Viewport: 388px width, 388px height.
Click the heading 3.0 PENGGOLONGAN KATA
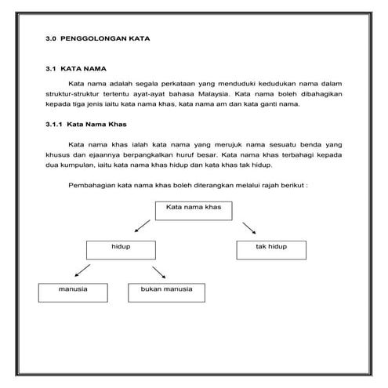[x=98, y=38]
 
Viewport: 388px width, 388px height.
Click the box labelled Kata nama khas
[x=194, y=209]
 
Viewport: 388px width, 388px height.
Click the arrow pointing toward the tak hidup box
[x=248, y=227]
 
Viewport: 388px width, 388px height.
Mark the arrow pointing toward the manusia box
[x=81, y=271]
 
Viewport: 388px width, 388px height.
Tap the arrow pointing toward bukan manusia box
[x=158, y=271]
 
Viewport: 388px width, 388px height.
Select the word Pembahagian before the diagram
[x=92, y=186]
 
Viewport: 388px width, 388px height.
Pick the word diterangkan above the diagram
[x=214, y=186]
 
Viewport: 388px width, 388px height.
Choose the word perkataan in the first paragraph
[x=171, y=82]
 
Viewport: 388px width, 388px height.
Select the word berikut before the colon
[x=291, y=186]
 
